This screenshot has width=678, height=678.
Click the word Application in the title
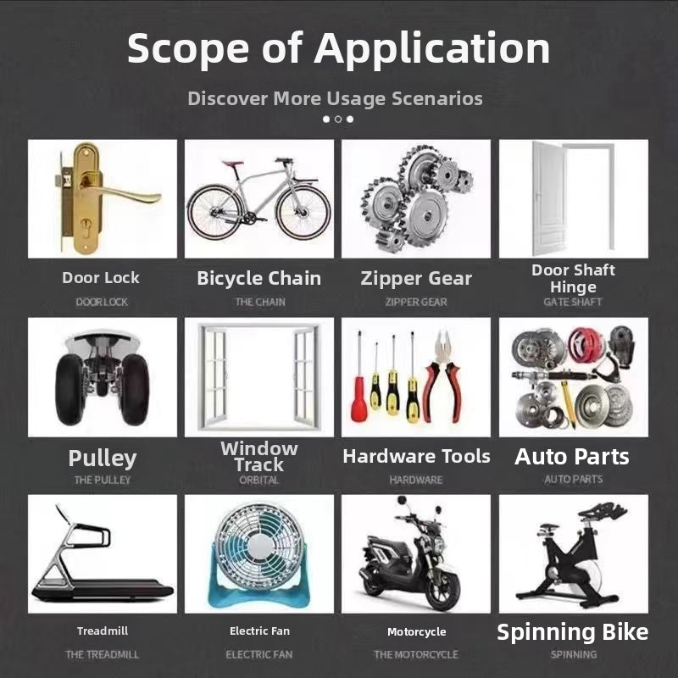431,49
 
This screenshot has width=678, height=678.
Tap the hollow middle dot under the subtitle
338,119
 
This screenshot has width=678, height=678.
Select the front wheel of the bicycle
303,213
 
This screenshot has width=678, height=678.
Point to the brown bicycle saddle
232,164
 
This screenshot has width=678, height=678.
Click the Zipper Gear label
416,279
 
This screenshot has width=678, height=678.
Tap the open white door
549,199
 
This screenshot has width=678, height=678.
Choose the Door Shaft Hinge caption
573,279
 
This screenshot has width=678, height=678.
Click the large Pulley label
103,458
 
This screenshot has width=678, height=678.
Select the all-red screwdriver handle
358,399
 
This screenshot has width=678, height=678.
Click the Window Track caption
259,457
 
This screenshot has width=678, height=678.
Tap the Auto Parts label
571,457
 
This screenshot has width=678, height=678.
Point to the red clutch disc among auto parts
586,344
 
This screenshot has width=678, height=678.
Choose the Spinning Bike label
573,632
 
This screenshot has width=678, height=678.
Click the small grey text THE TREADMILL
102,654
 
